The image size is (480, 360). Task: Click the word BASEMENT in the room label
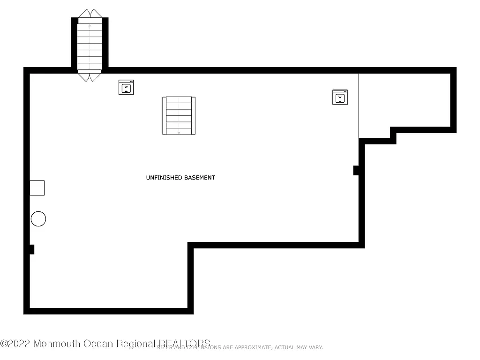pyautogui.click(x=199, y=178)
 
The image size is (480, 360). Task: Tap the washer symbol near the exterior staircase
pyautogui.click(x=126, y=87)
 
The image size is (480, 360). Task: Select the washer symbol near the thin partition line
pyautogui.click(x=340, y=97)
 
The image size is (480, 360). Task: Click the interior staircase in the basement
pyautogui.click(x=179, y=115)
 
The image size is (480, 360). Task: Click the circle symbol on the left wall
pyautogui.click(x=38, y=219)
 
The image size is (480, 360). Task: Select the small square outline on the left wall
pyautogui.click(x=37, y=188)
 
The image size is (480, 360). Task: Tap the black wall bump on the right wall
pyautogui.click(x=356, y=170)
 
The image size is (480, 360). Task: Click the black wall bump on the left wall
pyautogui.click(x=31, y=249)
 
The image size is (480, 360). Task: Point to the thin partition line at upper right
pyautogui.click(x=359, y=105)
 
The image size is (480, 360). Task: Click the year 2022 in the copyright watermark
pyautogui.click(x=21, y=344)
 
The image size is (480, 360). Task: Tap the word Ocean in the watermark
pyautogui.click(x=98, y=344)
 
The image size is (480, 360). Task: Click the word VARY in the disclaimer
pyautogui.click(x=316, y=347)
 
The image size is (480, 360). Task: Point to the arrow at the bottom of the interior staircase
pyautogui.click(x=179, y=132)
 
